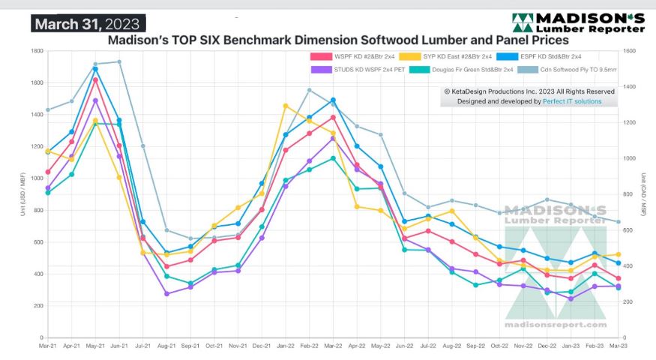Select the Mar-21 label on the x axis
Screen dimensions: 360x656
pos(48,346)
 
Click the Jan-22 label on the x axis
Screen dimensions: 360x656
pos(286,346)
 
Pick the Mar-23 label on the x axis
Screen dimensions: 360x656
pos(618,346)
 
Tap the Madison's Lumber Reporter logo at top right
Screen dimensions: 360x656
pos(578,22)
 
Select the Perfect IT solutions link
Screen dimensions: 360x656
pos(573,100)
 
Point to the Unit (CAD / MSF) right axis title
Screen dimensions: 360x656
pos(645,194)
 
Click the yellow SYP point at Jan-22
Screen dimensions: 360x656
pos(286,106)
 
